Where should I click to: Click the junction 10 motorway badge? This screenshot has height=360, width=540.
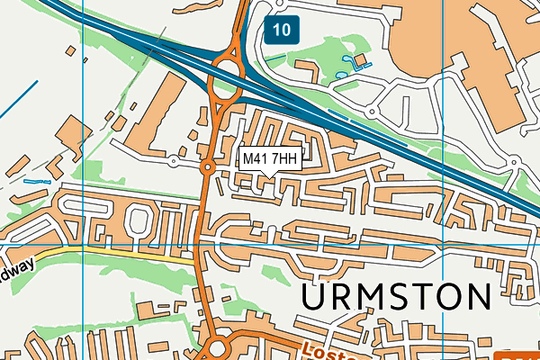pyautogui.click(x=282, y=30)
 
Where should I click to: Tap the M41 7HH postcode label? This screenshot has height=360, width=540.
pyautogui.click(x=270, y=159)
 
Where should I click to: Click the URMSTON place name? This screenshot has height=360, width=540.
pyautogui.click(x=396, y=297)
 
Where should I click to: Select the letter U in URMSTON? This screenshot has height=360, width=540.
pyautogui.click(x=315, y=297)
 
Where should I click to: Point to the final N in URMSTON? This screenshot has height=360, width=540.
pyautogui.click(x=477, y=297)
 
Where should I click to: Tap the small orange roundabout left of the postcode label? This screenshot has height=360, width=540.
pyautogui.click(x=207, y=166)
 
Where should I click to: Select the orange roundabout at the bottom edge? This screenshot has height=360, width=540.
pyautogui.click(x=217, y=350)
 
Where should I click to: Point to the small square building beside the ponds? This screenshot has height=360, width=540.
pyautogui.click(x=361, y=60)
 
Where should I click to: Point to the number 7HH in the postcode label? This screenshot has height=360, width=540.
pyautogui.click(x=284, y=159)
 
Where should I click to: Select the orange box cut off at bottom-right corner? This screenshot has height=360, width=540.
pyautogui.click(x=517, y=354)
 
